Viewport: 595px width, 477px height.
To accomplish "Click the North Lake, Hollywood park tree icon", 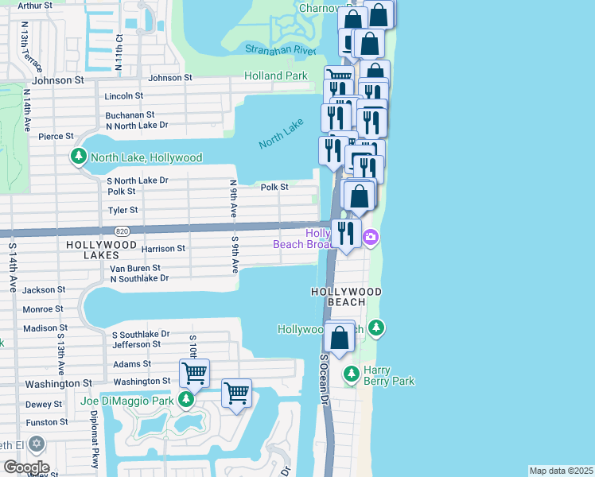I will tap(79, 157).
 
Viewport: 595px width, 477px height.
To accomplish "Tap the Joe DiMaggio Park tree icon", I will tap(186, 401).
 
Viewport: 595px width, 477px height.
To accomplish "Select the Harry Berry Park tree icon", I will tap(350, 373).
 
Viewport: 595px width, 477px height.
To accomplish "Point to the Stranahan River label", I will tap(281, 49).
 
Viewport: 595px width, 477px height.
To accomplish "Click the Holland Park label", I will tap(276, 76).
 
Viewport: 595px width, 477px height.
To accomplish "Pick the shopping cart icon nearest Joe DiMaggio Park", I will tap(195, 372).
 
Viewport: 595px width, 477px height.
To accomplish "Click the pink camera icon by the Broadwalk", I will tap(371, 237).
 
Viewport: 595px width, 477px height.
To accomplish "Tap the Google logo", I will tap(26, 467).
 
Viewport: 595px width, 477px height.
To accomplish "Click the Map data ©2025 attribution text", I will tap(561, 471).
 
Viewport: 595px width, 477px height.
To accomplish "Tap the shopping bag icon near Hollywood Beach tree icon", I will tap(340, 337).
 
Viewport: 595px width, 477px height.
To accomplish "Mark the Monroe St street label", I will tap(43, 309).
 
